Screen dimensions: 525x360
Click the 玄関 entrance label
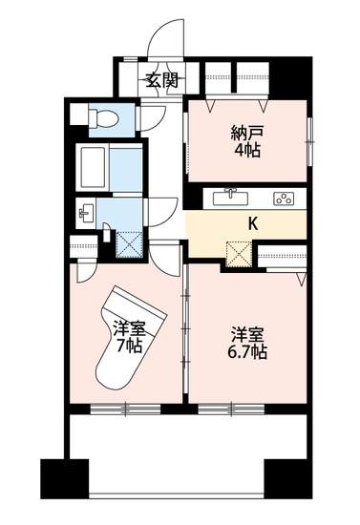(x=161, y=80)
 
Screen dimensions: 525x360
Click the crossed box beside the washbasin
(x=127, y=242)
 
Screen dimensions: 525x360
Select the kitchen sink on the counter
(x=233, y=198)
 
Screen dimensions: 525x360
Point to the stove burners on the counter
(x=284, y=199)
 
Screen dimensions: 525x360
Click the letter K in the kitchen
(x=252, y=225)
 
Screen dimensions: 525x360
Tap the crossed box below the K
(x=237, y=253)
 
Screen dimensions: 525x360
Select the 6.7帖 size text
(x=247, y=352)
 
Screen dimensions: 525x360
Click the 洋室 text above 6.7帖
(x=247, y=334)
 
